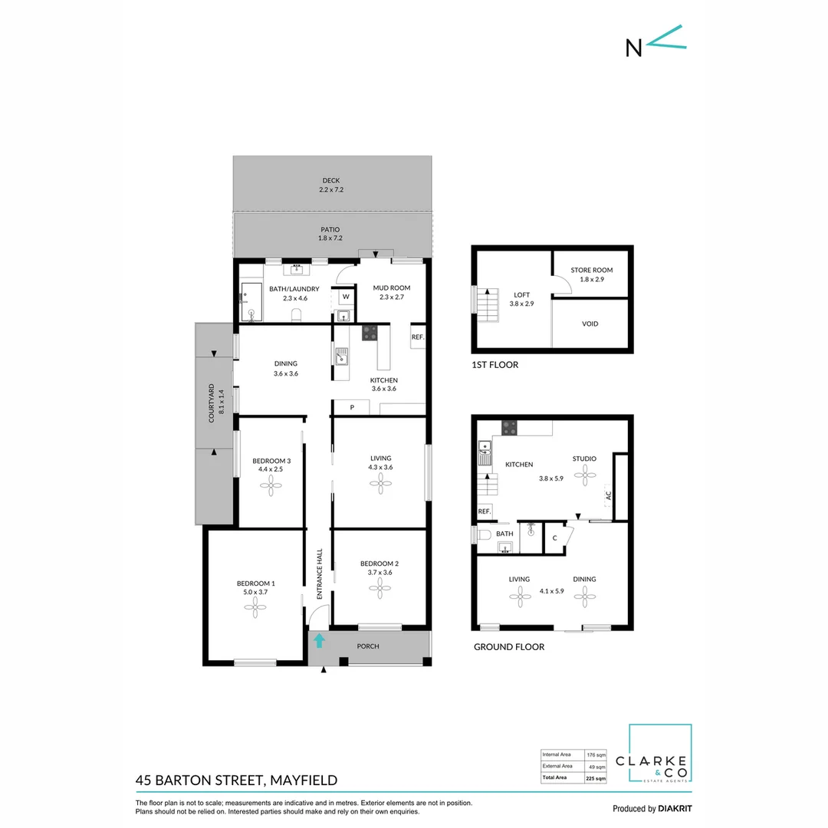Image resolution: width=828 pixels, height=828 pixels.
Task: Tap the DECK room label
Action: point(330,181)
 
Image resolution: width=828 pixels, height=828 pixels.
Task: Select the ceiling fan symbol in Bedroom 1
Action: point(255,607)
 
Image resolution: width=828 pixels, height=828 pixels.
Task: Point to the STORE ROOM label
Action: point(592,271)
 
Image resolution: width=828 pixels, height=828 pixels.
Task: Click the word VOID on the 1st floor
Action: point(590,324)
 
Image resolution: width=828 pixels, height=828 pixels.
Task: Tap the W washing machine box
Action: point(345,296)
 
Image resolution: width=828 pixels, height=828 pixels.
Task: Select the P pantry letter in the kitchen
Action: point(352,408)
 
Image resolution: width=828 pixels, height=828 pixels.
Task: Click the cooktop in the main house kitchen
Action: point(370,333)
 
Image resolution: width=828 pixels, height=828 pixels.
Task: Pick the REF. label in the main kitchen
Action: point(418,337)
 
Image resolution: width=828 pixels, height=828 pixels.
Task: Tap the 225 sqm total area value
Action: point(596,778)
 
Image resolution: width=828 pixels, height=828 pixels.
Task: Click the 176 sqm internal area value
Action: point(596,754)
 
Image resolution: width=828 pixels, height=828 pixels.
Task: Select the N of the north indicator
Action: point(634,47)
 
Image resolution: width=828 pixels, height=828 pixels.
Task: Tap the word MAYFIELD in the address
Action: point(304,780)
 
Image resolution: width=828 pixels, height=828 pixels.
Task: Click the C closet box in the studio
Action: point(554,538)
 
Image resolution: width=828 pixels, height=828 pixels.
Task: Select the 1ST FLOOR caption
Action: point(495,365)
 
